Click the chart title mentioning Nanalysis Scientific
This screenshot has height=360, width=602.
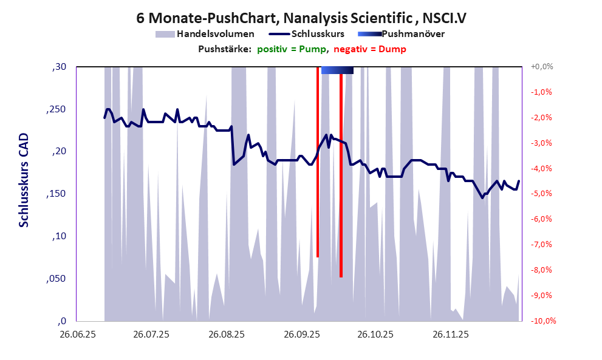301,18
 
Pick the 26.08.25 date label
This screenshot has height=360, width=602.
226,335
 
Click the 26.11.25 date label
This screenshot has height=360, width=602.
450,335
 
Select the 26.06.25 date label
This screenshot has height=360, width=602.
77,335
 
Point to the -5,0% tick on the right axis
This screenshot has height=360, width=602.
541,194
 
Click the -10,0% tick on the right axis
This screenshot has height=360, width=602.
542,321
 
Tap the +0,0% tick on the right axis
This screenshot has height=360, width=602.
541,67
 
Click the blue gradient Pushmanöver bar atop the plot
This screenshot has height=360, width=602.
337,70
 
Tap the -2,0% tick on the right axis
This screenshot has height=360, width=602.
541,118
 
